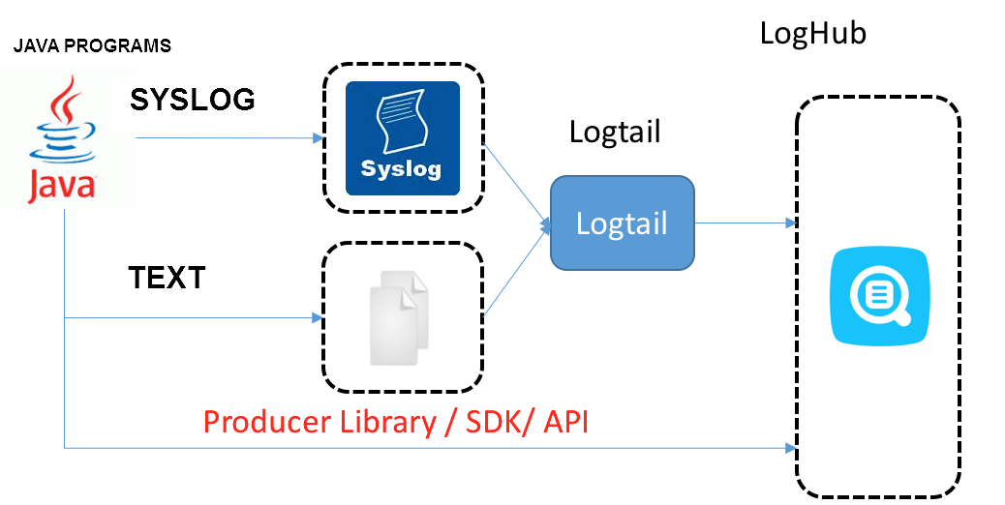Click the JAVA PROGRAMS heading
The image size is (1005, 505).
coord(92,45)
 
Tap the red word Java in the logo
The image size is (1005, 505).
coord(60,185)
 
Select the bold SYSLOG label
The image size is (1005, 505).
coord(193,99)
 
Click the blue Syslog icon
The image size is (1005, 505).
coord(403,137)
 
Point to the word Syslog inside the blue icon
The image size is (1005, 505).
coord(401,169)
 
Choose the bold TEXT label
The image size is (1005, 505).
coord(167,279)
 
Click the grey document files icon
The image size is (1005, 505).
coord(400,316)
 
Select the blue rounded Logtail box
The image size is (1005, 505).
coord(622,223)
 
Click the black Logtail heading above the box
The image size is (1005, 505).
coord(615,132)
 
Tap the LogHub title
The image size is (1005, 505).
coord(812,34)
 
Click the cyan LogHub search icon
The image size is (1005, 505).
coord(879,295)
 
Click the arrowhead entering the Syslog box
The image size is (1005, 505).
coord(316,138)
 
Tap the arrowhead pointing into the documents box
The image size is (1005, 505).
coord(316,317)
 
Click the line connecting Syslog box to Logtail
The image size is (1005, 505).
coord(513,184)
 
